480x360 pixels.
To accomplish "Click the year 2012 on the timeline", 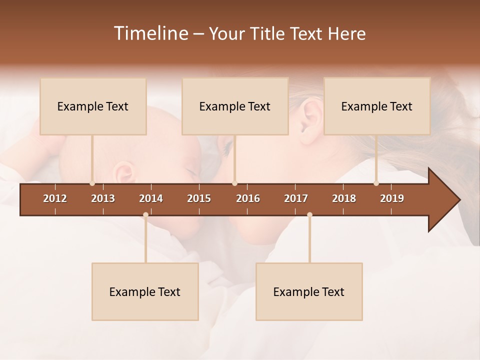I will coord(55,198).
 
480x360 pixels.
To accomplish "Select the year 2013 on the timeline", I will coord(103,198).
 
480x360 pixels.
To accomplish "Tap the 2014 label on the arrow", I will coord(151,198).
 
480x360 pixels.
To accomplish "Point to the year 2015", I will coord(199,198).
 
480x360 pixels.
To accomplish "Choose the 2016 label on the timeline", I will coord(248,198).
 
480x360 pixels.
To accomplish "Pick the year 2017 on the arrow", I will coord(296,198).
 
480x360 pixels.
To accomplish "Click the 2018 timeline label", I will coord(344,198).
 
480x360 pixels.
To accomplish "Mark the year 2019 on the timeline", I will coord(392,198).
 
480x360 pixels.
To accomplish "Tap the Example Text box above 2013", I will coord(93,106).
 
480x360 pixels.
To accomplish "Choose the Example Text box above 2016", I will coord(235,106).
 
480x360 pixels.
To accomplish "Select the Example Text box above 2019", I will coord(377,106).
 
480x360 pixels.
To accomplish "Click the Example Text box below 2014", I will coord(145,291).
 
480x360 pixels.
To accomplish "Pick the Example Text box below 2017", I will coord(309,291).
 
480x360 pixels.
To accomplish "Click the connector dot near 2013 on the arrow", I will coord(92,183).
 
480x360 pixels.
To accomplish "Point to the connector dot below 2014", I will coord(145,215).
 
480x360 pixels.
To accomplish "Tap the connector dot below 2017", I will coord(309,215).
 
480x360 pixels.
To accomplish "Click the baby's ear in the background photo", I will coord(123,173).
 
